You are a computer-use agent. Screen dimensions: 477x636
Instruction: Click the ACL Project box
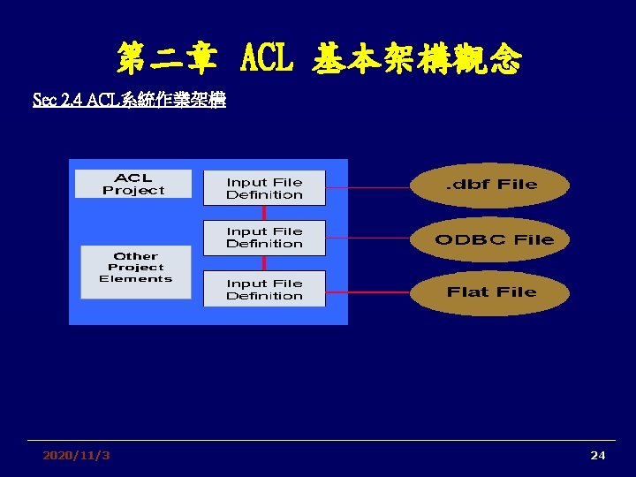point(133,184)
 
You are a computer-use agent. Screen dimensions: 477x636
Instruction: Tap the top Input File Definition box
point(264,188)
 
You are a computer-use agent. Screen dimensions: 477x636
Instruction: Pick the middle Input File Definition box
point(264,238)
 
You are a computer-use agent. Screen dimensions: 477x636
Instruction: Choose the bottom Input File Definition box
point(264,289)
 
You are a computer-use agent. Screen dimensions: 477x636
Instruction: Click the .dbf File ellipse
point(490,185)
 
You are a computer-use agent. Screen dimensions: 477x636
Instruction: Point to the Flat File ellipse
point(491,292)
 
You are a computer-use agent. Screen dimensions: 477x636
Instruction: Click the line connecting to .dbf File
point(367,185)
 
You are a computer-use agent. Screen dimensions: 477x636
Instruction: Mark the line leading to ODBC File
point(367,238)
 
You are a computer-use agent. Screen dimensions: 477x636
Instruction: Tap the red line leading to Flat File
point(367,291)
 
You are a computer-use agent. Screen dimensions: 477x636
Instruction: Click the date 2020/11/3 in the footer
point(77,455)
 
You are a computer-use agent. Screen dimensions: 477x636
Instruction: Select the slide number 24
point(598,455)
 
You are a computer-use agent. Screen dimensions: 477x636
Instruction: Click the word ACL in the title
point(262,60)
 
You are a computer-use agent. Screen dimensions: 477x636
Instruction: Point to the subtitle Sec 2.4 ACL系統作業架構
point(129,100)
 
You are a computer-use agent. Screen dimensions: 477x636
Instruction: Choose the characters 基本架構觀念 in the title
point(416,60)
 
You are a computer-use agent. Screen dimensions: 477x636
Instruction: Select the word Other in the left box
point(135,256)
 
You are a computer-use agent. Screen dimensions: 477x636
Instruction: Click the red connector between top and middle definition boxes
point(264,213)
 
